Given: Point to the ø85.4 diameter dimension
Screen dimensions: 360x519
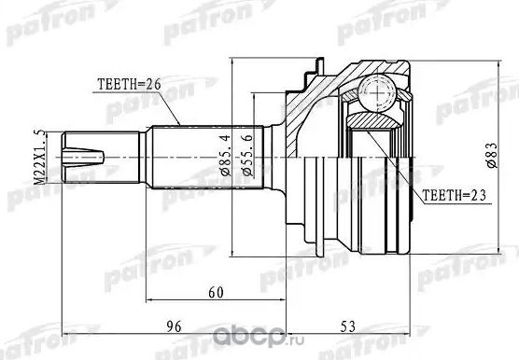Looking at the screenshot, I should point(223,165).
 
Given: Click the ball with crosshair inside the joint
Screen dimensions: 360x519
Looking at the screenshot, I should point(377,92).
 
